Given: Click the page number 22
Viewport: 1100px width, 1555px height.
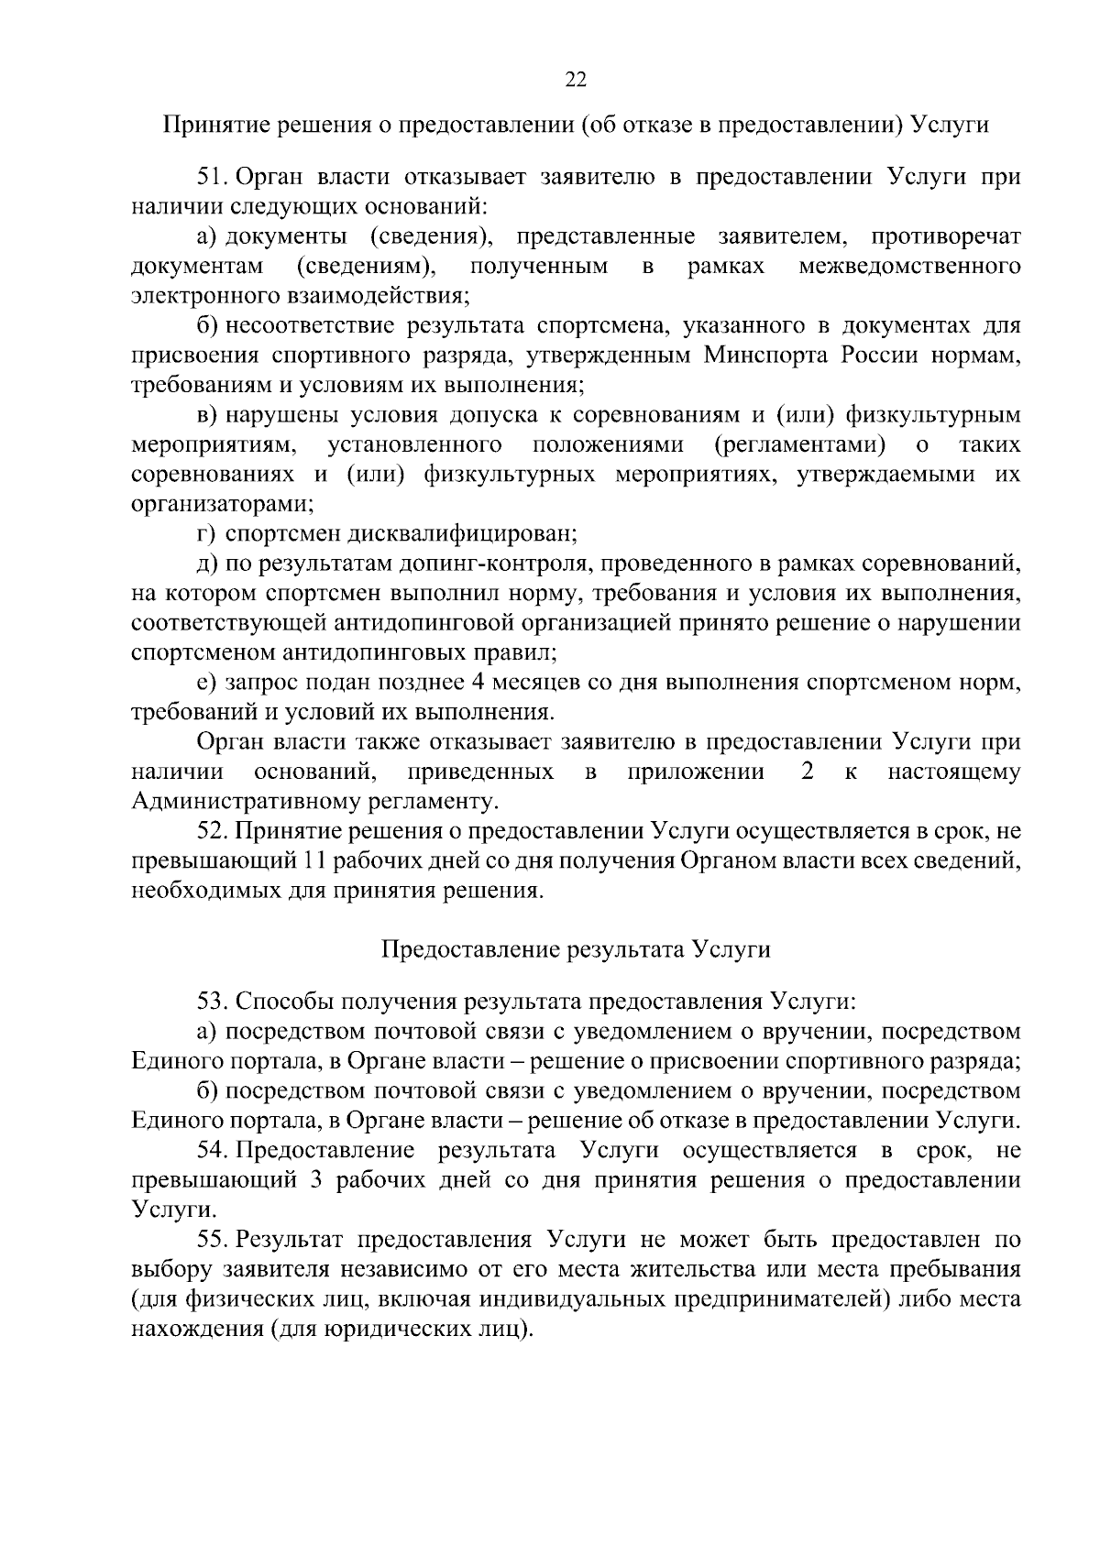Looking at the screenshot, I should coord(576,79).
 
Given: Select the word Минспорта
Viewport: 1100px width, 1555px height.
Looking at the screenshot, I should coord(763,356).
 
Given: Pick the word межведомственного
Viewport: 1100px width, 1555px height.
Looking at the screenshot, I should coord(909,267).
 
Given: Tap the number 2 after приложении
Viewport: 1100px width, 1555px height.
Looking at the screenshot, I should coord(807,772).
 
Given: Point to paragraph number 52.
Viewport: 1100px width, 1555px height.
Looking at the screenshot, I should coord(213,831).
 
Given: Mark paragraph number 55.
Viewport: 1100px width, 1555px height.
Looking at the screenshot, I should coord(213,1240).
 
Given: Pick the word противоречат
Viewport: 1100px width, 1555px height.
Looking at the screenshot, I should coord(946,237).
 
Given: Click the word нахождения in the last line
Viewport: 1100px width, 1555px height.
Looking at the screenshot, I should coord(194,1330).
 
